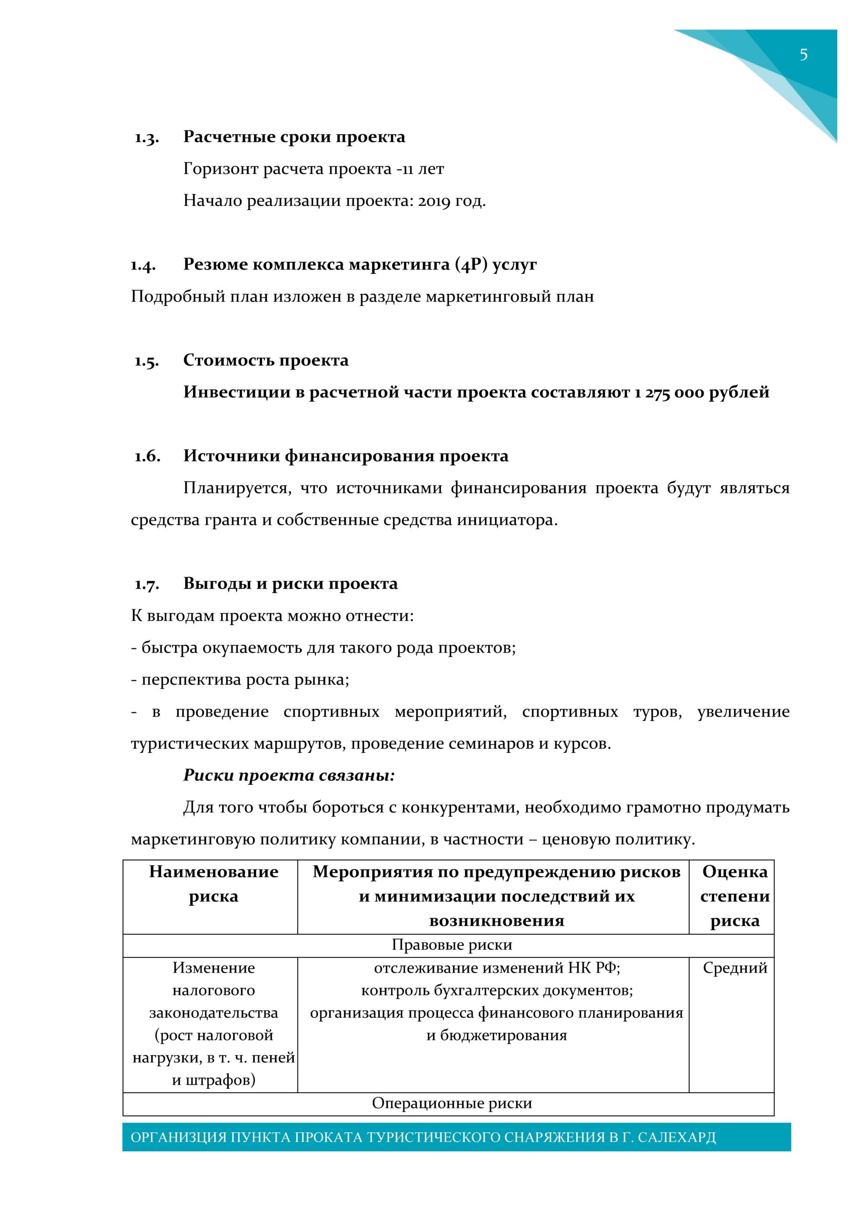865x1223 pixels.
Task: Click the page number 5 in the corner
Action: point(803,54)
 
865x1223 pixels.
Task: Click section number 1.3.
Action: point(147,138)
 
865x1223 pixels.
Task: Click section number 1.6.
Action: point(147,457)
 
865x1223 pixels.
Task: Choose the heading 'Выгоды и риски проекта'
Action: point(291,584)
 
